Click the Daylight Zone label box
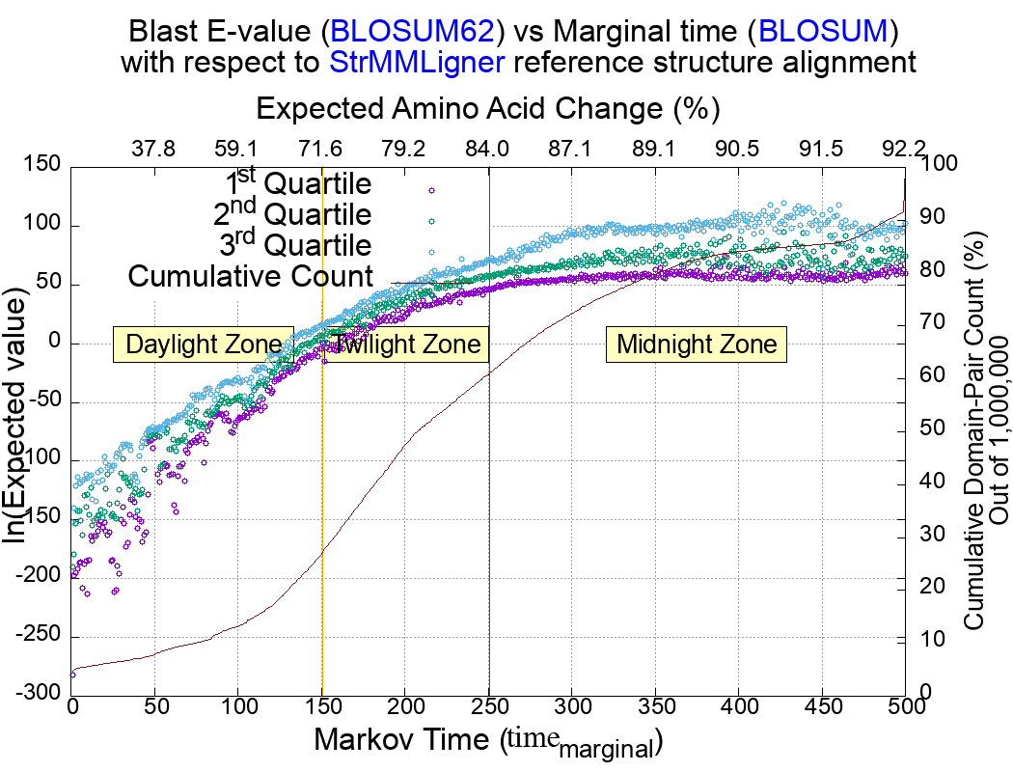(204, 345)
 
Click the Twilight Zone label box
(403, 345)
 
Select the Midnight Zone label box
(697, 345)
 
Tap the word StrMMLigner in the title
(413, 64)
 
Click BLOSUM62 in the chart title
(413, 32)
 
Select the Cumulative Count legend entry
(251, 276)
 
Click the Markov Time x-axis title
(488, 742)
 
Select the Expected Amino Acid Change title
(488, 108)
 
